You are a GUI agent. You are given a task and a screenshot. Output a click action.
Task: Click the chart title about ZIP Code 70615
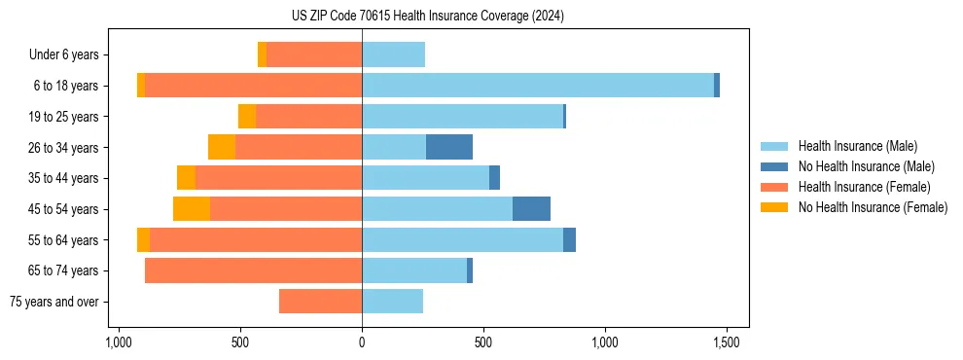tap(427, 17)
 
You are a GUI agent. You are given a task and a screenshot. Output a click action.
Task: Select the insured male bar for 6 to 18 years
tap(537, 86)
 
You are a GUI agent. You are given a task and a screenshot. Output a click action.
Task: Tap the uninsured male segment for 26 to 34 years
tap(449, 147)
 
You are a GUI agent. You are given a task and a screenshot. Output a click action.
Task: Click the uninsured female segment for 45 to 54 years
tap(192, 208)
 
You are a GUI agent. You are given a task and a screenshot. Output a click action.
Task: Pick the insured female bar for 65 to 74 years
tap(253, 270)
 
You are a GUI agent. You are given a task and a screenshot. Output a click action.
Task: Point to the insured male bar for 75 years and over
tap(392, 302)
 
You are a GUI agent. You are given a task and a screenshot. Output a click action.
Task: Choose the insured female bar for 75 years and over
tap(320, 302)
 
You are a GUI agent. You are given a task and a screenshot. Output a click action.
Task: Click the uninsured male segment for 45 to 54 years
tap(531, 208)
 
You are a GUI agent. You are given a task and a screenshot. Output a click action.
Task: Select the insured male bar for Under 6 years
tap(393, 54)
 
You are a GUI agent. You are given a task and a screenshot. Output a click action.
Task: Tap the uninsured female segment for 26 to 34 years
tap(222, 147)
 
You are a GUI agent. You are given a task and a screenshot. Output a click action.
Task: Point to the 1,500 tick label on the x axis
tap(726, 342)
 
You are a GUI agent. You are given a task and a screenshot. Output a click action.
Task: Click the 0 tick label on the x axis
tap(362, 342)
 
